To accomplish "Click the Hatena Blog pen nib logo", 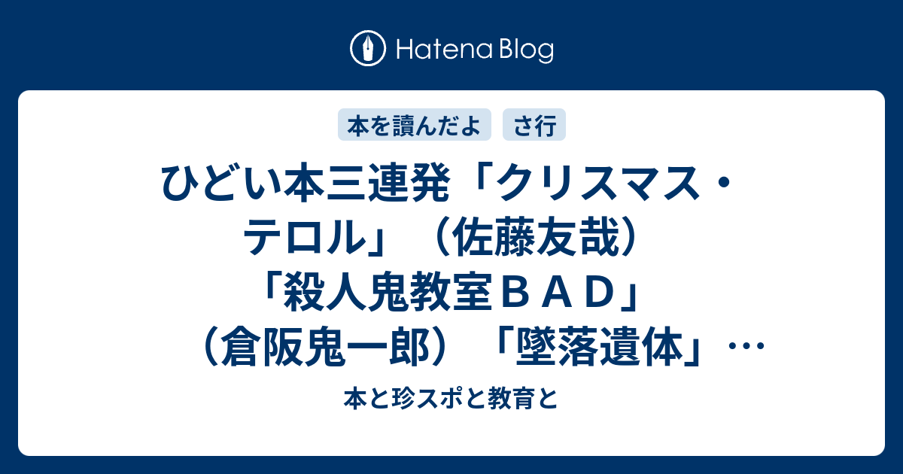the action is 368,48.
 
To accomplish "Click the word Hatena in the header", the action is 444,50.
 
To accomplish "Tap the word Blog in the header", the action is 526,51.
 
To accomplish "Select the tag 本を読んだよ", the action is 415,125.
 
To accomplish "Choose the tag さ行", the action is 534,125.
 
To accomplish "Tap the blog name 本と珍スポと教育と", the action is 451,399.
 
